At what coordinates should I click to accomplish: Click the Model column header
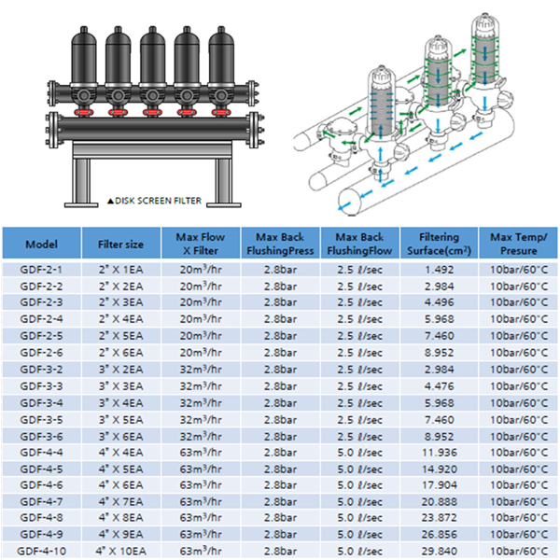tap(41, 245)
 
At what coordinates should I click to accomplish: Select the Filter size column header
tap(120, 245)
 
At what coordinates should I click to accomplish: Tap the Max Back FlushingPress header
tap(280, 244)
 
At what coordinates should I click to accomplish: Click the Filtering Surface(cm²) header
tap(439, 244)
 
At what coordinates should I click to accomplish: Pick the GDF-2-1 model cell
tap(41, 270)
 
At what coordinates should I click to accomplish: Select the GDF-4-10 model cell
tap(41, 551)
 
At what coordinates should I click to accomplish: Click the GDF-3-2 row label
tap(41, 370)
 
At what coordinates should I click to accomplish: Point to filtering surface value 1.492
tap(440, 270)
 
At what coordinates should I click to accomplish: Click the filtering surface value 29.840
tap(440, 551)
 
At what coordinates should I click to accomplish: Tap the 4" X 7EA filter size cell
tap(120, 502)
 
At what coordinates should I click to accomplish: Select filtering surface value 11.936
tap(440, 453)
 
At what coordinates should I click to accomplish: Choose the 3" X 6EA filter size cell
tap(120, 437)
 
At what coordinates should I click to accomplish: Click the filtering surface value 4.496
tap(440, 302)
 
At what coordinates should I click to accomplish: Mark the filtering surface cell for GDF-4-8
tap(440, 517)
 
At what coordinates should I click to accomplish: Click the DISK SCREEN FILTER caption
tap(159, 201)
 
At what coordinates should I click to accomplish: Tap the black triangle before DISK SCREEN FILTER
tap(110, 201)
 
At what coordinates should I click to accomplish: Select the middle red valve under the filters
tap(152, 113)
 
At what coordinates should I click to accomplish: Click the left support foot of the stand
tap(81, 204)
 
